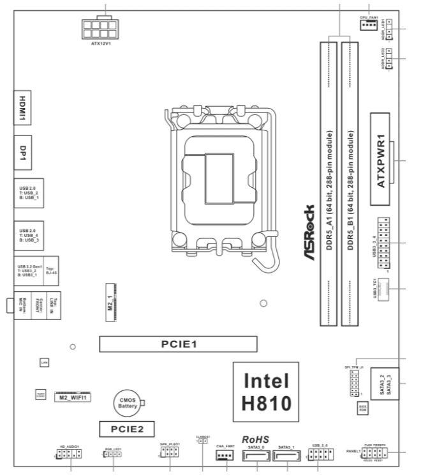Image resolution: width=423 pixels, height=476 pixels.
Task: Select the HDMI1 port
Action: [23, 105]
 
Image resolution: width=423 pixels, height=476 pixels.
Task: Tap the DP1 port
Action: [23, 151]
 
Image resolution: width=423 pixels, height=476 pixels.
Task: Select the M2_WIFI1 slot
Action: [76, 397]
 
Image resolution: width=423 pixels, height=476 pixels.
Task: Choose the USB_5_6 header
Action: [318, 455]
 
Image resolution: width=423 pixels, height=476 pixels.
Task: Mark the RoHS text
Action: [256, 440]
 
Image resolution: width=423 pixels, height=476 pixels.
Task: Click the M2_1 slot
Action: [110, 299]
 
